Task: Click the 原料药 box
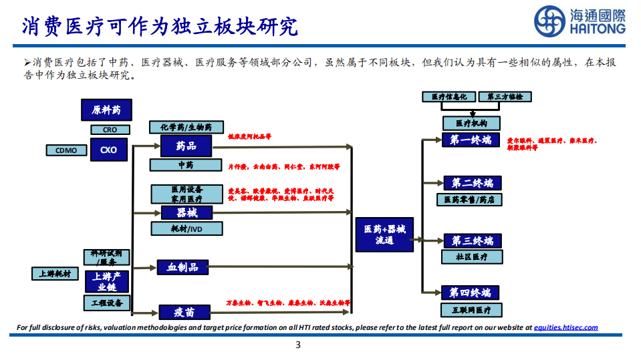point(107,110)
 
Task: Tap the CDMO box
point(66,150)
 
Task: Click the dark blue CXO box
point(108,150)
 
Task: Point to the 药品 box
point(186,145)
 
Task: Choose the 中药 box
point(185,165)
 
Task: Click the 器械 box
point(186,212)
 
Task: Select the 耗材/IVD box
point(186,229)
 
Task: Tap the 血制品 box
point(182,267)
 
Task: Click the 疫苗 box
point(185,312)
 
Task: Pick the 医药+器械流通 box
point(384,234)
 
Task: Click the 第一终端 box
point(471,140)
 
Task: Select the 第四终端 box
point(471,293)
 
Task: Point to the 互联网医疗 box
point(471,310)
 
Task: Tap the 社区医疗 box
point(471,256)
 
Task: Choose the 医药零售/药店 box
point(471,200)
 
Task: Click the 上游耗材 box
point(55,274)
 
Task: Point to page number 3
point(298,345)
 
